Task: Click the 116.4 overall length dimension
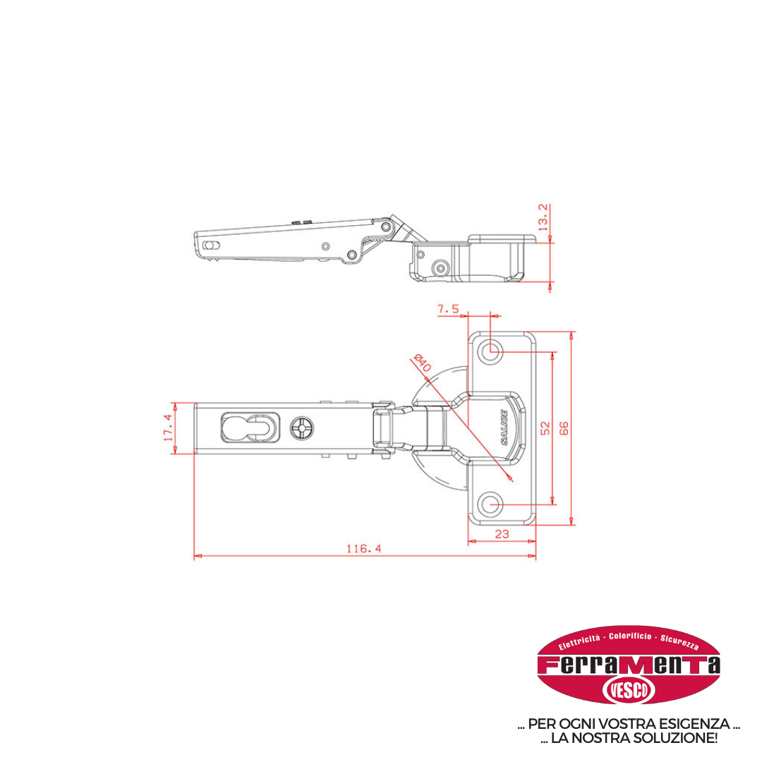tap(364, 549)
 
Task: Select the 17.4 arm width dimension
tap(168, 428)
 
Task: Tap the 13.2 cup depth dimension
tap(543, 217)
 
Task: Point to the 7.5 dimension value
tap(448, 308)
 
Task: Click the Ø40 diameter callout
tap(422, 363)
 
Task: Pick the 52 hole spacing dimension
tap(545, 428)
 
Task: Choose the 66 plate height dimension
tap(564, 428)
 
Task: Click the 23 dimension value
tap(502, 534)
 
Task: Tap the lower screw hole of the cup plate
tap(490, 504)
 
